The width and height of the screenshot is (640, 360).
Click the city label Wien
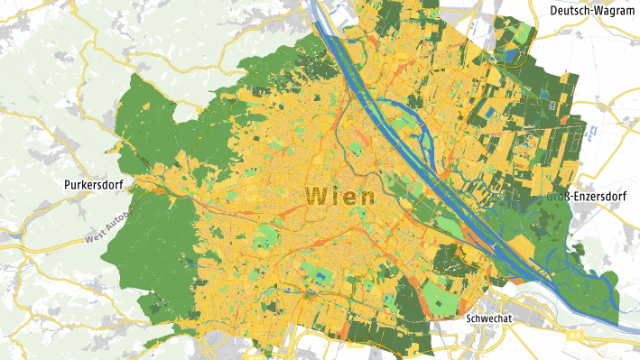340,196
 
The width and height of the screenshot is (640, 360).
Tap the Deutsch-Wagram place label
590,10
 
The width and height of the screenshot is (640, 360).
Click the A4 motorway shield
576,336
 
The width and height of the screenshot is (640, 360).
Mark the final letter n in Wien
366,196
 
